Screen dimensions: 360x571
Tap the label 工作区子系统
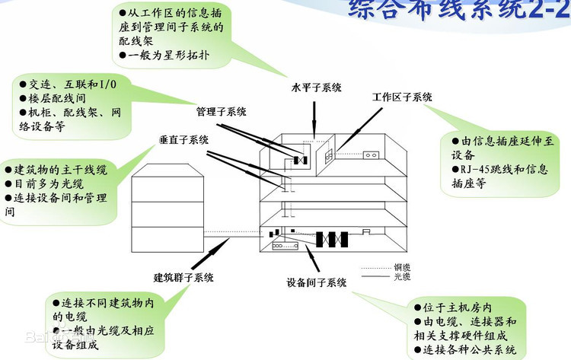click(402, 97)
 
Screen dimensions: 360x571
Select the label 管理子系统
click(221, 112)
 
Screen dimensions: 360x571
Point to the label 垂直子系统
click(183, 140)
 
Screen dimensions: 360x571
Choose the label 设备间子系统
click(317, 282)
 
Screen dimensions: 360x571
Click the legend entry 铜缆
click(402, 267)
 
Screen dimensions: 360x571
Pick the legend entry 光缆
click(402, 277)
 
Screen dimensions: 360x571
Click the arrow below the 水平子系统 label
click(314, 122)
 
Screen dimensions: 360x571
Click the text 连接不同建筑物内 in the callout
click(106, 302)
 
